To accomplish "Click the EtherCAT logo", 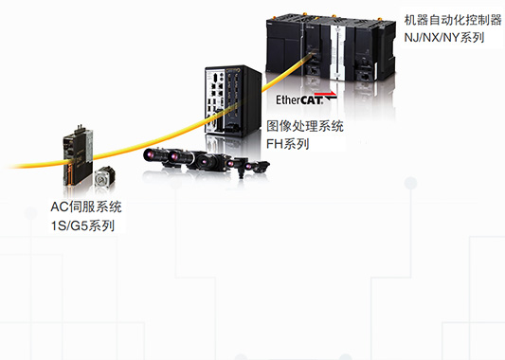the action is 306,99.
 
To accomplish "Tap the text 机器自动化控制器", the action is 453,20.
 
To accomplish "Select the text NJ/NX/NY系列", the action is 444,37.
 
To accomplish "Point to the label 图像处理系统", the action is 305,126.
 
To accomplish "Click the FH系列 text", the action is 288,144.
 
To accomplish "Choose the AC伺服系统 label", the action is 86,207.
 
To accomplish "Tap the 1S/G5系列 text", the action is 82,225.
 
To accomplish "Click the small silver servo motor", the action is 104,177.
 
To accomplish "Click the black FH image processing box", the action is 233,100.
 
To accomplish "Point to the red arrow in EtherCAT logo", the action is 329,95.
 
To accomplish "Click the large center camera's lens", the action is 206,161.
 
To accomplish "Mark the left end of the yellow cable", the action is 7,167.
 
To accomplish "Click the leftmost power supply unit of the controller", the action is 284,45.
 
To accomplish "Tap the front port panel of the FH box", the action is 214,100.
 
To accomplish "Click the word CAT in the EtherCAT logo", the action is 311,100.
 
